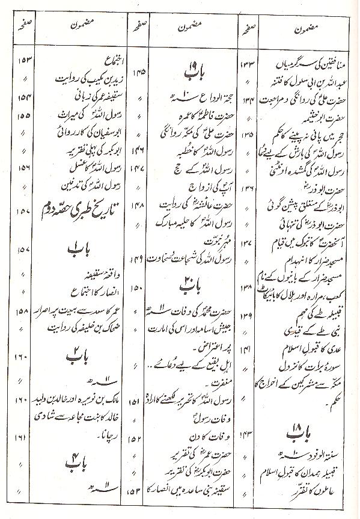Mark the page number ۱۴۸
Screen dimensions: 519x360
(139, 203)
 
